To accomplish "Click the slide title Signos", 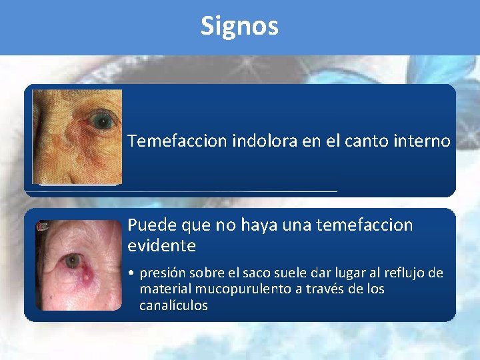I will (239, 26).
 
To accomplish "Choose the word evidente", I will (161, 246).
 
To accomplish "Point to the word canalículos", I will (173, 305).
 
